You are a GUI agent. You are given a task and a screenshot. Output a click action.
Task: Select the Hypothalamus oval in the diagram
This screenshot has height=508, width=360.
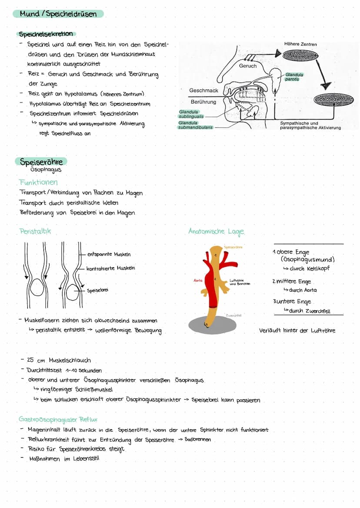click(x=300, y=55)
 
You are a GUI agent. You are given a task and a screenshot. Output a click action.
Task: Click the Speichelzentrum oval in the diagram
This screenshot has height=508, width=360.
click(x=334, y=100)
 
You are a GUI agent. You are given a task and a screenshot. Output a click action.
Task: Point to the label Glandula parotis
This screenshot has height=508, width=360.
click(x=294, y=77)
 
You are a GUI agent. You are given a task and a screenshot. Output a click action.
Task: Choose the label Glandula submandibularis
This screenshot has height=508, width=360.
click(x=195, y=125)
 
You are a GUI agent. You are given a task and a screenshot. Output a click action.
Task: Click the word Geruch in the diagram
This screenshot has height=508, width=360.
click(x=248, y=66)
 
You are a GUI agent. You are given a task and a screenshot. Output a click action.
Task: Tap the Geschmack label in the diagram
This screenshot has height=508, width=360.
click(x=203, y=90)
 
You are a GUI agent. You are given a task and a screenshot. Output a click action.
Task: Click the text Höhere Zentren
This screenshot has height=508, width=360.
click(x=300, y=44)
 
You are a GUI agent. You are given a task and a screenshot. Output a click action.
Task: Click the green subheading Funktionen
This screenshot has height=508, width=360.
click(x=38, y=182)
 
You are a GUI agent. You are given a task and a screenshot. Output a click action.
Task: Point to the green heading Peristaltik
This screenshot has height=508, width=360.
click(x=35, y=231)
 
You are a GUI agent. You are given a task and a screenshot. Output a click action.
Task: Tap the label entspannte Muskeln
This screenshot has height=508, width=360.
click(x=109, y=254)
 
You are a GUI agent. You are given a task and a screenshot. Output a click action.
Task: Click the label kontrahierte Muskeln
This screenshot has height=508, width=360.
click(x=110, y=268)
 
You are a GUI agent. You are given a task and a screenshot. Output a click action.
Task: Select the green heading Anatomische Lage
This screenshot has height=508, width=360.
click(x=216, y=231)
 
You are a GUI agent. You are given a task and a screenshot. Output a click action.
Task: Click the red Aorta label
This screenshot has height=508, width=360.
click(x=198, y=281)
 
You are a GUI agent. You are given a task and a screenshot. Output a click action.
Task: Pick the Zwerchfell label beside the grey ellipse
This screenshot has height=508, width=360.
click(x=233, y=315)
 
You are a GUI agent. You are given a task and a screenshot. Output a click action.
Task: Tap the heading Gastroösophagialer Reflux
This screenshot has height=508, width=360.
click(x=58, y=419)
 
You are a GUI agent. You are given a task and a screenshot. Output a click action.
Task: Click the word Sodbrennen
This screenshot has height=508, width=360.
click(x=198, y=439)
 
